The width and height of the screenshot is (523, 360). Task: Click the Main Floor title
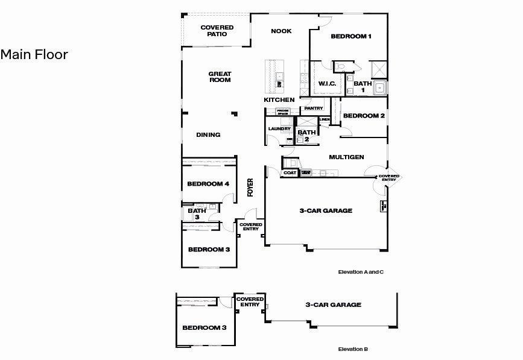point(34,55)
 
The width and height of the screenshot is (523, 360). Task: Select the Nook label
point(281,31)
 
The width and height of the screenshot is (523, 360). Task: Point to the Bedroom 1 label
point(350,37)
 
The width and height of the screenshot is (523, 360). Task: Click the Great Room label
point(220,77)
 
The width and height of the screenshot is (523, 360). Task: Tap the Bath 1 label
point(362,87)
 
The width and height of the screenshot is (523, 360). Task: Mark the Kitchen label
point(279,99)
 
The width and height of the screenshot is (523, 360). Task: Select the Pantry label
point(314,109)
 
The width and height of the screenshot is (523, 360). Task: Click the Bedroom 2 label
point(364,116)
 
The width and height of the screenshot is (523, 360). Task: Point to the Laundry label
point(279,129)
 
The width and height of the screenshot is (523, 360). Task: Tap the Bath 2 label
point(306,135)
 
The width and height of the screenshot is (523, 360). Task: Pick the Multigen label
point(346,157)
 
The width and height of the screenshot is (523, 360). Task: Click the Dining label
point(208,135)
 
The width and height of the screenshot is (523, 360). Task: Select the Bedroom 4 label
point(208,184)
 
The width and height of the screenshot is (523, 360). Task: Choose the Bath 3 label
point(194,214)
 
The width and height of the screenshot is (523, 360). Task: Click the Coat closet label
point(290,173)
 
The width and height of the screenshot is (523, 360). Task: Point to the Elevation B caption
point(353,349)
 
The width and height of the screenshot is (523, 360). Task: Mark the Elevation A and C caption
point(361,273)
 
